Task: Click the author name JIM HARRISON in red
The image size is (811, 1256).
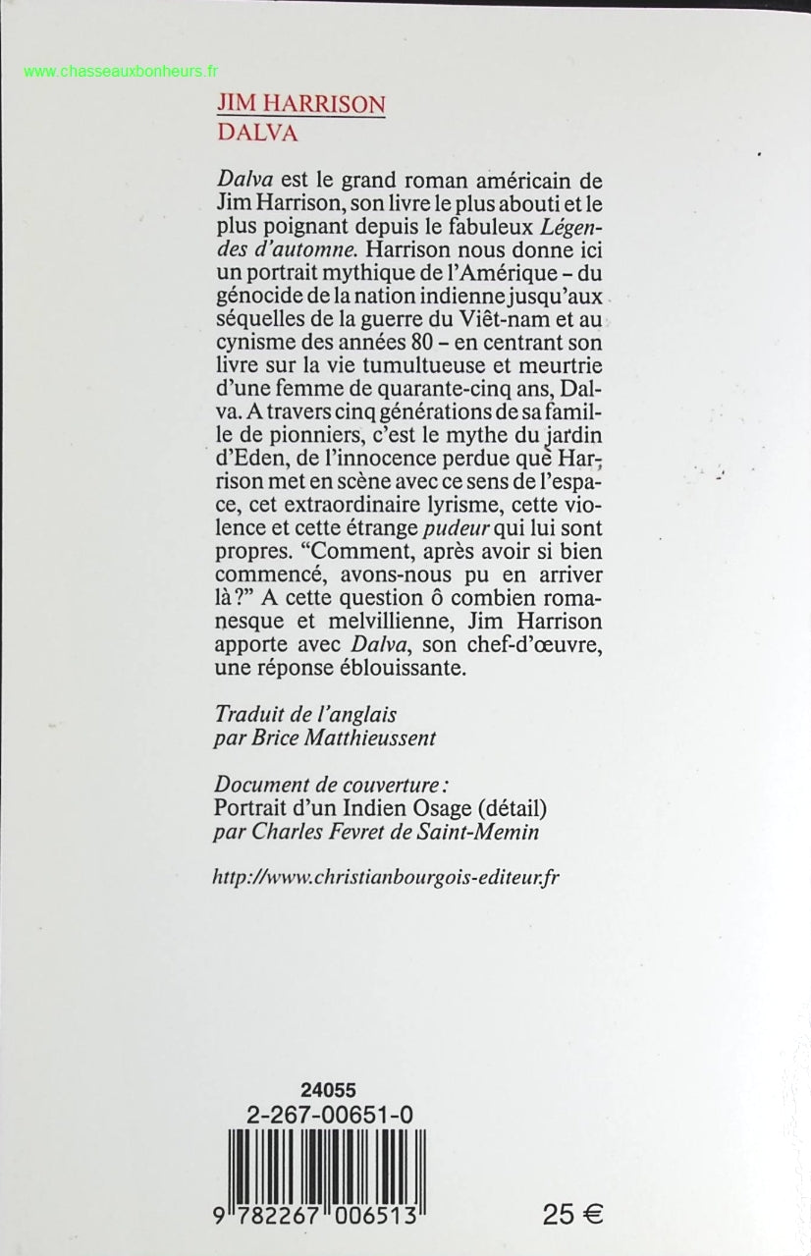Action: pyautogui.click(x=300, y=105)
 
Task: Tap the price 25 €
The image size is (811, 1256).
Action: pyautogui.click(x=572, y=1213)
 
